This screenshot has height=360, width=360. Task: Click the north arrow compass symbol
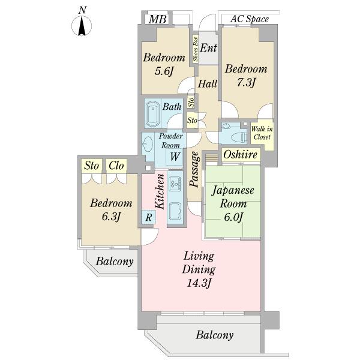pyautogui.click(x=82, y=25)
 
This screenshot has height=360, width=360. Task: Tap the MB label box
pyautogui.click(x=157, y=19)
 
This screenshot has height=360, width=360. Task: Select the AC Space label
pyautogui.click(x=249, y=19)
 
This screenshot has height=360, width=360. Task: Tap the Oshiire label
pyautogui.click(x=241, y=155)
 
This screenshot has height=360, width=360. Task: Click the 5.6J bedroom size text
pyautogui.click(x=163, y=72)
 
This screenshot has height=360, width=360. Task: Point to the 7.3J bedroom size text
pyautogui.click(x=245, y=82)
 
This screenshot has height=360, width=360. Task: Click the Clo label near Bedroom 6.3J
pyautogui.click(x=116, y=165)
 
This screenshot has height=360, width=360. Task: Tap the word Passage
pyautogui.click(x=194, y=170)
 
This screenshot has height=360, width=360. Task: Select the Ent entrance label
pyautogui.click(x=208, y=47)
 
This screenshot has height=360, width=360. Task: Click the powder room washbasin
pyautogui.click(x=148, y=144)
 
